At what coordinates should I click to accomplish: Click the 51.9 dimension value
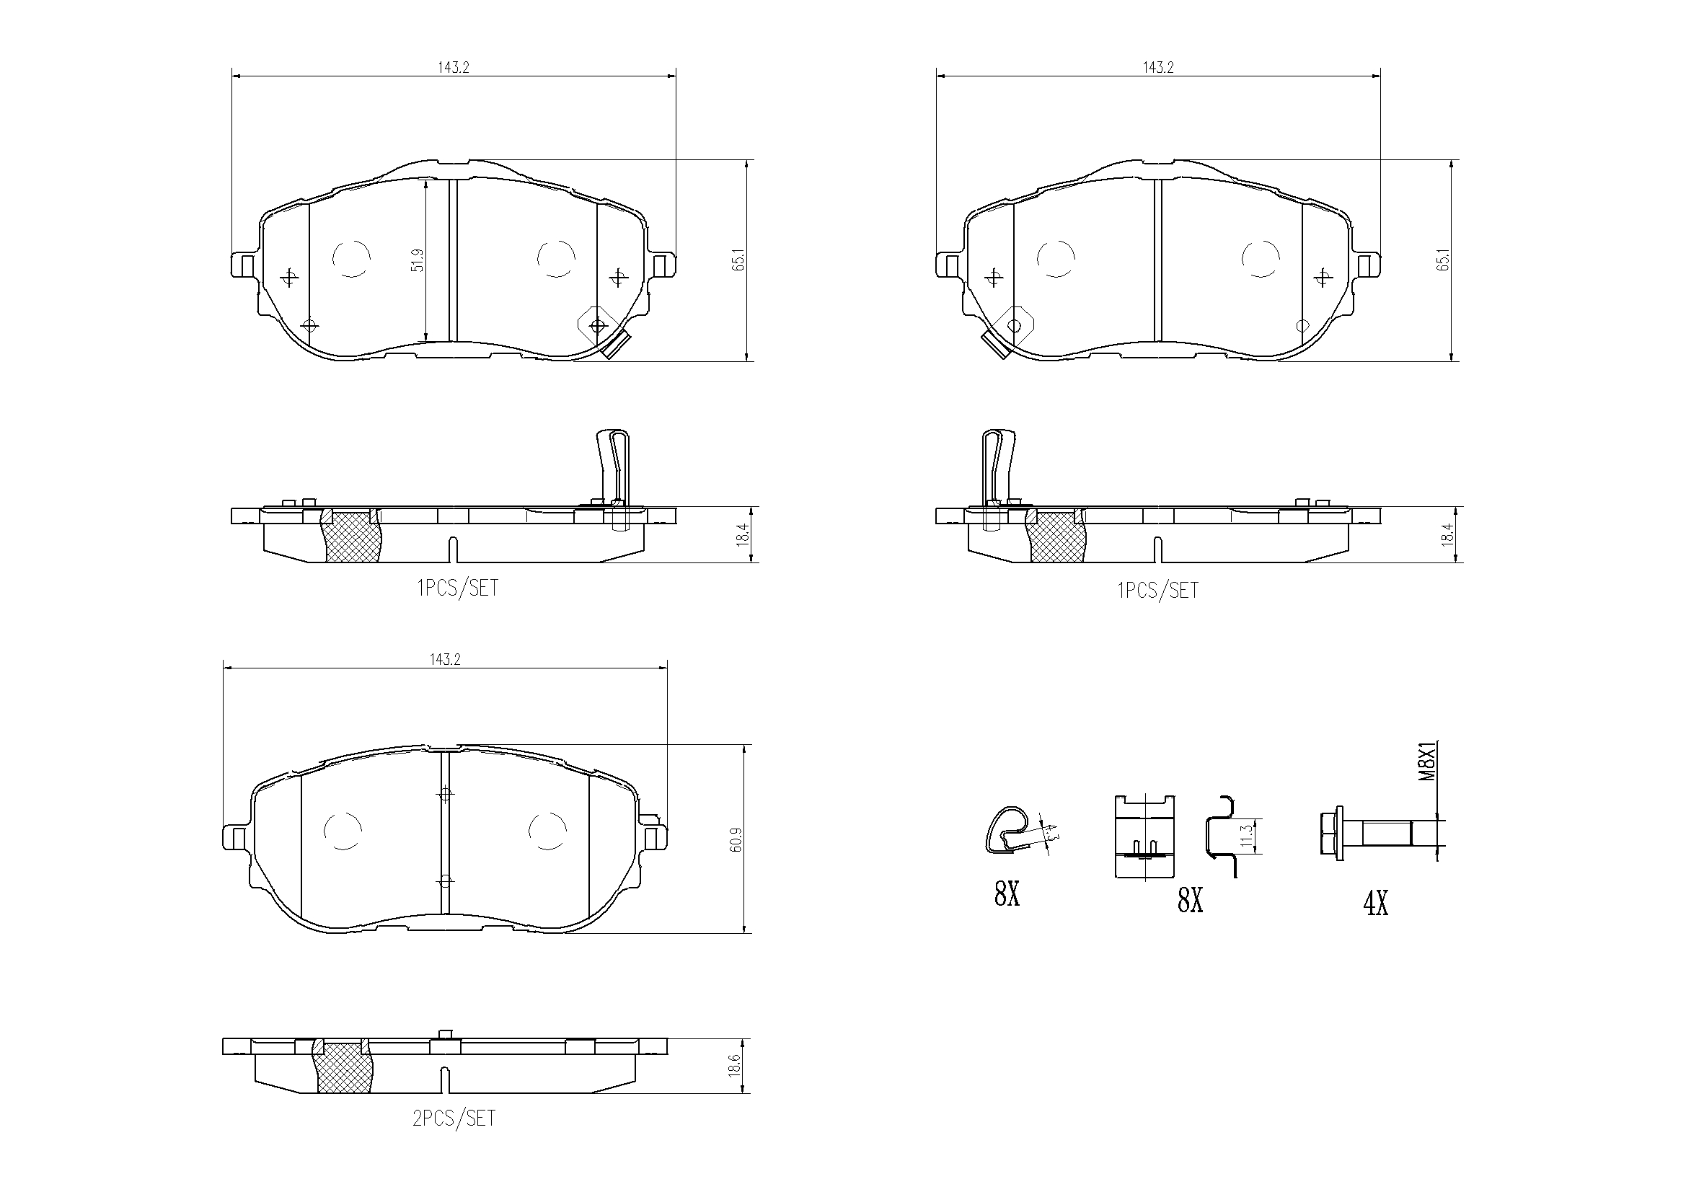click(418, 261)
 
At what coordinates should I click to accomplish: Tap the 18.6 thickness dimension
click(734, 1067)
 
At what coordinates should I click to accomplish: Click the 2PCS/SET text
click(454, 1119)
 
